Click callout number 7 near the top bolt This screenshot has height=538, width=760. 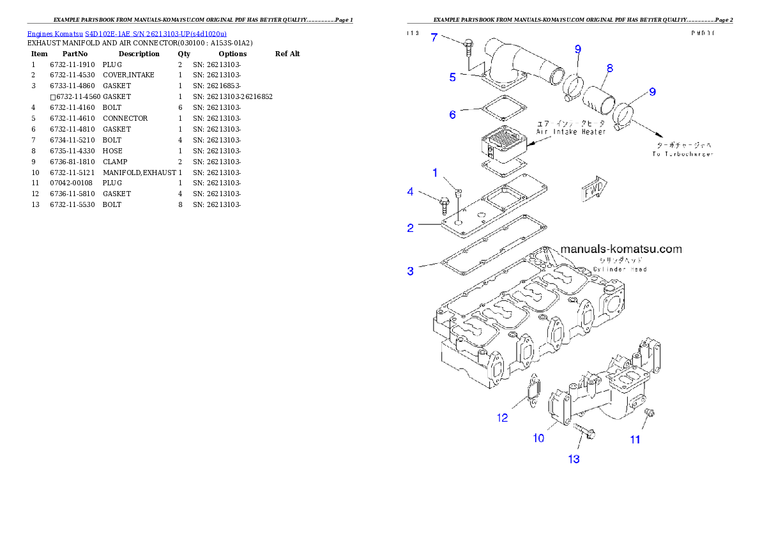pyautogui.click(x=434, y=37)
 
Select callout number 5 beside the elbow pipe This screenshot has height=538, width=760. pyautogui.click(x=452, y=77)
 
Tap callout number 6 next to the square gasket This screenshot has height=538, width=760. pyautogui.click(x=452, y=114)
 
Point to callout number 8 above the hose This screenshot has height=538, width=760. pyautogui.click(x=610, y=68)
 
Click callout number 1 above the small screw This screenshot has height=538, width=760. pyautogui.click(x=435, y=173)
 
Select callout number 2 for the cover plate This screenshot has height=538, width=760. pyautogui.click(x=411, y=227)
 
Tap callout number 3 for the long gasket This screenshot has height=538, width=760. pyautogui.click(x=411, y=271)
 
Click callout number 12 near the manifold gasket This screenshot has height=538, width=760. pyautogui.click(x=503, y=418)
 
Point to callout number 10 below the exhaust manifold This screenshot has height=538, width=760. pyautogui.click(x=538, y=438)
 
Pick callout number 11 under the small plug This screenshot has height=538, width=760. pyautogui.click(x=635, y=440)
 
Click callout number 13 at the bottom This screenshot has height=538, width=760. pyautogui.click(x=574, y=459)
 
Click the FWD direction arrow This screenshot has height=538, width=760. pyautogui.click(x=594, y=190)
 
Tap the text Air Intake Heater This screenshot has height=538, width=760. pyautogui.click(x=570, y=132)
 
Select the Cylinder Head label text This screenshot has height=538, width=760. pyautogui.click(x=620, y=269)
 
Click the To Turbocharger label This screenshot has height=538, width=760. pyautogui.click(x=682, y=154)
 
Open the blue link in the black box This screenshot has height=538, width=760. pyautogui.click(x=126, y=34)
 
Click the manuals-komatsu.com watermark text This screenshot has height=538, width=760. pyautogui.click(x=621, y=249)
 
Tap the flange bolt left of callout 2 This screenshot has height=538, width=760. pyautogui.click(x=445, y=204)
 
